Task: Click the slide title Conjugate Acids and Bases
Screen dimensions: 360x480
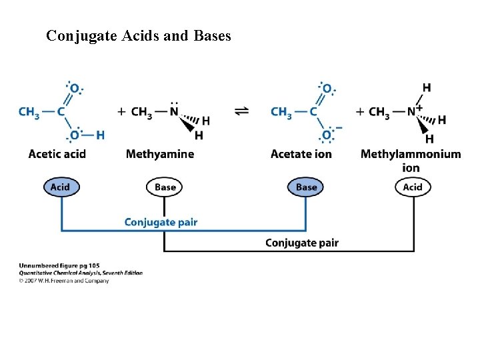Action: point(139,36)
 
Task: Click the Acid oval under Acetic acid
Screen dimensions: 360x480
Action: point(60,187)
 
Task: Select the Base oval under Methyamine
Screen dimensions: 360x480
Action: point(165,187)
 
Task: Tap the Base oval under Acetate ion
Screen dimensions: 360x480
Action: point(306,187)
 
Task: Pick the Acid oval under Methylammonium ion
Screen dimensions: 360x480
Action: point(413,187)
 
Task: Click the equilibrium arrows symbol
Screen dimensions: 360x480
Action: point(242,111)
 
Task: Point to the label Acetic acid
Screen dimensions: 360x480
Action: point(57,154)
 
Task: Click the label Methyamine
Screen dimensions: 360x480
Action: point(160,154)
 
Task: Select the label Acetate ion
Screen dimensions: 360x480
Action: point(301,154)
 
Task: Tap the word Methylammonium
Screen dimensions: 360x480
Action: point(411,154)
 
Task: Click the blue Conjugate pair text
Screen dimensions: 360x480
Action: point(161,222)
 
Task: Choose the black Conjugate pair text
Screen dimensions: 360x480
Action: point(301,243)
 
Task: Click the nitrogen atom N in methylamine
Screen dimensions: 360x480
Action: point(175,112)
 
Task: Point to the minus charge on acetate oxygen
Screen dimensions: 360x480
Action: point(339,127)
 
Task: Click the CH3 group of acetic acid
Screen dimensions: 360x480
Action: point(29,112)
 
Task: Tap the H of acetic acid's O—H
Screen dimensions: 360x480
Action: point(100,135)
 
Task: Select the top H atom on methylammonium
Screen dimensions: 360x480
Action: point(427,87)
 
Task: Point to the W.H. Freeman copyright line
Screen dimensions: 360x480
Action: point(64,281)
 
